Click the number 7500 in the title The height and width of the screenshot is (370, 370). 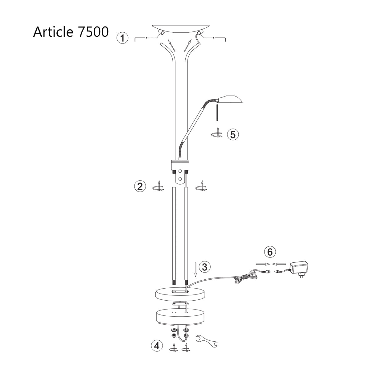point(91,32)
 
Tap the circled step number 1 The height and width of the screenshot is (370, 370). point(122,38)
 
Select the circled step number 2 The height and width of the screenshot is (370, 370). point(140,187)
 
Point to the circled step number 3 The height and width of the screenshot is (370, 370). point(205,267)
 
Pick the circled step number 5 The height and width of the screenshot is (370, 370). point(233,134)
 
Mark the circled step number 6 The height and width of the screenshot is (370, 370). point(270,252)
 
